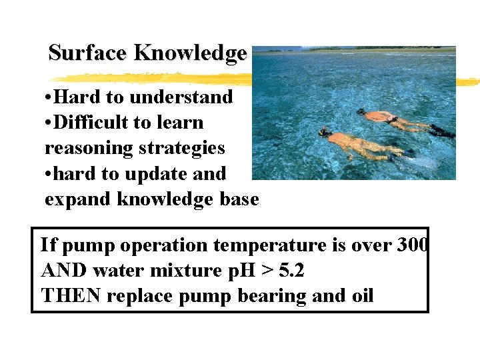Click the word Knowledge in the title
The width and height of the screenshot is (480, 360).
191,53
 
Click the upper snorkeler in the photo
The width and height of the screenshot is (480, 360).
390,119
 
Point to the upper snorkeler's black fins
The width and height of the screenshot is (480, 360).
441,131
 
